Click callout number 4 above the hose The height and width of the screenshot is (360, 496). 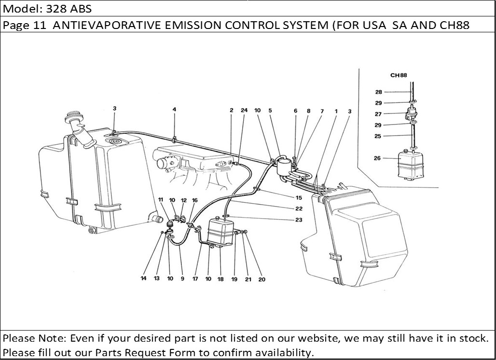pyautogui.click(x=174, y=110)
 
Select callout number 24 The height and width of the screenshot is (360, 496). pyautogui.click(x=244, y=111)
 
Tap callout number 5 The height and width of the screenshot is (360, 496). pyautogui.click(x=270, y=111)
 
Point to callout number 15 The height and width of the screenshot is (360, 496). pyautogui.click(x=299, y=197)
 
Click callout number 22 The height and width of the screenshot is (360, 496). pyautogui.click(x=299, y=209)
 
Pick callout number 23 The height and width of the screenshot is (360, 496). pyautogui.click(x=299, y=220)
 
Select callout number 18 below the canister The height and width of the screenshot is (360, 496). pyautogui.click(x=220, y=279)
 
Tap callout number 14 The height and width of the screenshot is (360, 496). pyautogui.click(x=143, y=278)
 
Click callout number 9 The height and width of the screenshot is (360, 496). pyautogui.click(x=182, y=278)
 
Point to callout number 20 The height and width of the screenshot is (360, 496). pyautogui.click(x=262, y=279)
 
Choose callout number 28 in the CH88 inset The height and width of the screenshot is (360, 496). pyautogui.click(x=378, y=92)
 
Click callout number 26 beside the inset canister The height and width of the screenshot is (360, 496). pyautogui.click(x=377, y=158)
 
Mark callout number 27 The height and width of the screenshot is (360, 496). pyautogui.click(x=378, y=114)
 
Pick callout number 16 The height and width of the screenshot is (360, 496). pyautogui.click(x=195, y=200)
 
